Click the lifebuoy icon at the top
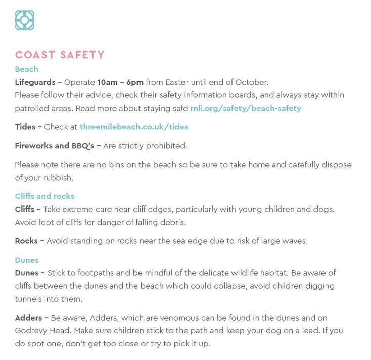(x=24, y=20)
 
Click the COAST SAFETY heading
(x=60, y=55)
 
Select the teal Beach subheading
(x=26, y=69)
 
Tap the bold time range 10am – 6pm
(x=120, y=82)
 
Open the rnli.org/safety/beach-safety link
(x=246, y=108)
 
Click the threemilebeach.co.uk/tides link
(x=134, y=127)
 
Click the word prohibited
(x=167, y=146)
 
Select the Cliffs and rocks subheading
(x=44, y=196)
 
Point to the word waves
(x=294, y=241)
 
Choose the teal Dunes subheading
(x=26, y=260)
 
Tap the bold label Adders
(x=29, y=318)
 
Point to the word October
(x=251, y=82)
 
